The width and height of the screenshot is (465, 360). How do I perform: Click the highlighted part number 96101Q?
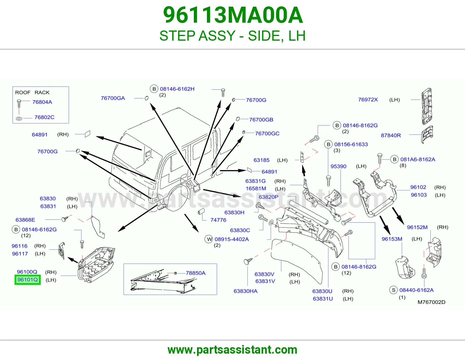28,280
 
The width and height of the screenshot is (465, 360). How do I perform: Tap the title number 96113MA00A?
233,15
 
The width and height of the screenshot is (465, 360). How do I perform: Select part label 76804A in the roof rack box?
42,102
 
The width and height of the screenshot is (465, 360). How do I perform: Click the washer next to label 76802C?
19,118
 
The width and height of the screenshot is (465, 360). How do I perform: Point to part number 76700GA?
113,98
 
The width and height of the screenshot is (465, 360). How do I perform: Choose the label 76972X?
368,100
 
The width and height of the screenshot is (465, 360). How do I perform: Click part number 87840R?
391,135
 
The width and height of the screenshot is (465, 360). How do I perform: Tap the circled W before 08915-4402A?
209,239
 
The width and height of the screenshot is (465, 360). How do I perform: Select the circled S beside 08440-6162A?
393,290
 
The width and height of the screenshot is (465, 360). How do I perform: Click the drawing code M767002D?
431,302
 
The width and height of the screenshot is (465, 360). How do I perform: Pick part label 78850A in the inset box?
196,273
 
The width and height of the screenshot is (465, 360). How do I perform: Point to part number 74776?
218,220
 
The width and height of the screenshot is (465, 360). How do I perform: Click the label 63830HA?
246,291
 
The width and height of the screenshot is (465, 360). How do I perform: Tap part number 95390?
339,166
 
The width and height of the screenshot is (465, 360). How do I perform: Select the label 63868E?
25,220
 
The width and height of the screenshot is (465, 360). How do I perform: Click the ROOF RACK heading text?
32,93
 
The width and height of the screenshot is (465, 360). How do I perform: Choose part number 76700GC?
267,133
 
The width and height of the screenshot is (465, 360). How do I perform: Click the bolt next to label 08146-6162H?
223,92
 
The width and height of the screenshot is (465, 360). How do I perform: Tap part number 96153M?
392,239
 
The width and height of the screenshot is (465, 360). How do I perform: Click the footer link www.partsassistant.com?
233,350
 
